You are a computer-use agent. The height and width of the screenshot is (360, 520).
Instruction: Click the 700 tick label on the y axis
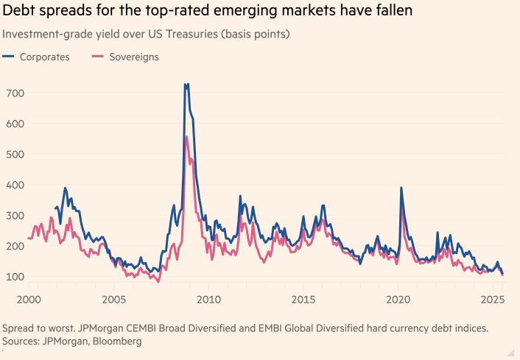coord(15,93)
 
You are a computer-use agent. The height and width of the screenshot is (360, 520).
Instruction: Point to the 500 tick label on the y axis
coord(15,154)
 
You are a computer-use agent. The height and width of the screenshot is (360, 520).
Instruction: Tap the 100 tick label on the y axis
coord(15,277)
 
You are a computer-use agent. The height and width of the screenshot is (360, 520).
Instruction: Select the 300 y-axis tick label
coord(15,216)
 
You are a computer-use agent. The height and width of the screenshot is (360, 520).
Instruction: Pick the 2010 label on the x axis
coord(208,300)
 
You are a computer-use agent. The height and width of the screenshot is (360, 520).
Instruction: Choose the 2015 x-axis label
coord(303,300)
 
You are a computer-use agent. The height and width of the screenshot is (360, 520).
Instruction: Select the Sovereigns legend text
coord(134,57)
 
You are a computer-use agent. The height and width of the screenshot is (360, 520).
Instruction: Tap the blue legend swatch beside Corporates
coord(9,57)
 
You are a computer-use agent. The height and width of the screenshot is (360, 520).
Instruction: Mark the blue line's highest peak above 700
coord(186,84)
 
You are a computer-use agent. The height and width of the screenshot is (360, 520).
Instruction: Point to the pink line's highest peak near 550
coord(186,136)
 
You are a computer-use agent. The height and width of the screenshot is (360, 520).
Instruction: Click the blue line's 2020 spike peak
coord(401,187)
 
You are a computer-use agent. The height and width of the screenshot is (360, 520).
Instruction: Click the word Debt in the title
coord(20,13)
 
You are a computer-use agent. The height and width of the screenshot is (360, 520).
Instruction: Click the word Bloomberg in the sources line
coord(116,341)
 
